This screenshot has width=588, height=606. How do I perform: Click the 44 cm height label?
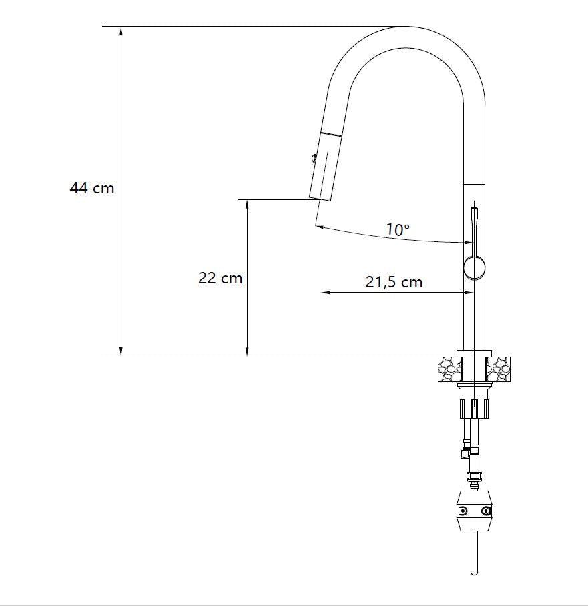[92, 188]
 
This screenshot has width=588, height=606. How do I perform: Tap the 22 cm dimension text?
[220, 278]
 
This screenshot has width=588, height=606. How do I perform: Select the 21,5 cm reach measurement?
[394, 282]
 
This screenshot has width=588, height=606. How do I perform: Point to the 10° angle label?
[398, 230]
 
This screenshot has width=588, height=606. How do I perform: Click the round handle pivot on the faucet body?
[475, 267]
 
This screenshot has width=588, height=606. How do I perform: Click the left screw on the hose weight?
[461, 511]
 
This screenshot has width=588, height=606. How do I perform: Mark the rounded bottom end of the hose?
[473, 572]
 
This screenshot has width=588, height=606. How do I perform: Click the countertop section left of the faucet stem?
[449, 369]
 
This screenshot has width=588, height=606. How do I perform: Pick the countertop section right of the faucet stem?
[499, 369]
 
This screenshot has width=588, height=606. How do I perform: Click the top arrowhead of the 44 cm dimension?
[121, 31]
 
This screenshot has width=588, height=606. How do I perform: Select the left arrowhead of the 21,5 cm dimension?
[324, 292]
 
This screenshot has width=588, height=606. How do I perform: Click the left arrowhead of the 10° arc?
[321, 228]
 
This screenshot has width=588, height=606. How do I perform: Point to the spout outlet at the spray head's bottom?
[320, 199]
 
